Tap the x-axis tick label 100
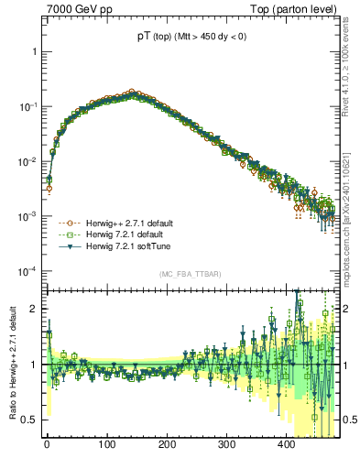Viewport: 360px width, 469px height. (x=106, y=445)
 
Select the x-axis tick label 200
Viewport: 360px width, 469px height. (x=166, y=445)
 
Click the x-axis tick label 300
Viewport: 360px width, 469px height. (x=226, y=445)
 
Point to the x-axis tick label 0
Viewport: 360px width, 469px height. (x=47, y=445)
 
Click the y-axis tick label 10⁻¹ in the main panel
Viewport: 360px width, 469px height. (x=30, y=107)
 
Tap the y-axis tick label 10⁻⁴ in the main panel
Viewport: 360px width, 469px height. (x=30, y=272)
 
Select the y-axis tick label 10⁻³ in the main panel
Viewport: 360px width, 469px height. (x=30, y=217)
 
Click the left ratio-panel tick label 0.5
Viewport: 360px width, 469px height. (x=32, y=420)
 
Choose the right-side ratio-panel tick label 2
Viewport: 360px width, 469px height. (x=348, y=309)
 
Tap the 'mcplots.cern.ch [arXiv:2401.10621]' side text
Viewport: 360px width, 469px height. (x=352, y=211)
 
